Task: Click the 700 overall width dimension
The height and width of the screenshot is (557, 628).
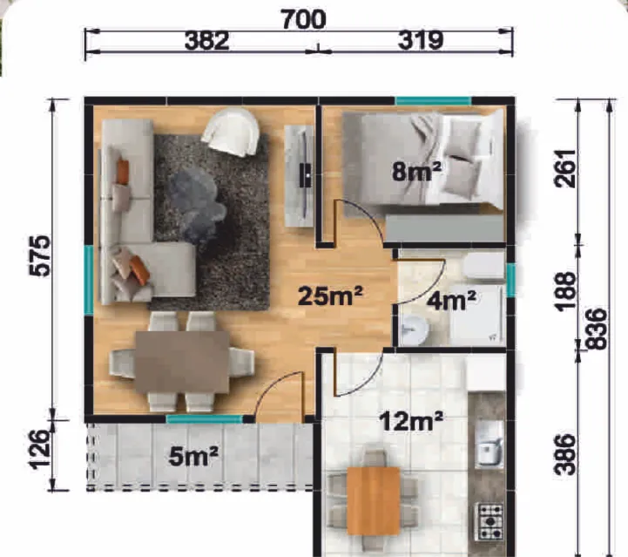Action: (x=304, y=20)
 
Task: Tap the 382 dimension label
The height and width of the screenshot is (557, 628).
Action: (x=206, y=41)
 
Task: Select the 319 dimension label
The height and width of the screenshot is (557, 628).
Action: (x=421, y=40)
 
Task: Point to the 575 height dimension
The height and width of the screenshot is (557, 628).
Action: (x=40, y=256)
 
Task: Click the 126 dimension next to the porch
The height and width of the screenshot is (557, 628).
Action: (x=40, y=450)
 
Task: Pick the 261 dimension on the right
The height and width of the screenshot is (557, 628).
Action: (x=565, y=168)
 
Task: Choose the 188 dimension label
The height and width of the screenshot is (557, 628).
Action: (x=565, y=291)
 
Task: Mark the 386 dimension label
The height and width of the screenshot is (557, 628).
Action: (x=565, y=454)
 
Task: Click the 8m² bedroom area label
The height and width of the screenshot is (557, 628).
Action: (x=416, y=171)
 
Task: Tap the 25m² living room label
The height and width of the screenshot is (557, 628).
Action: (x=331, y=295)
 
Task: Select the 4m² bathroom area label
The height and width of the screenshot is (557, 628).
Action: (x=451, y=301)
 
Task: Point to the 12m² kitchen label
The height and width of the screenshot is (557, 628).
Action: (x=411, y=421)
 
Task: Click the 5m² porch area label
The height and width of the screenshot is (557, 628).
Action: (x=193, y=457)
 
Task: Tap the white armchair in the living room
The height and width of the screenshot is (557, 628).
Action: (x=231, y=132)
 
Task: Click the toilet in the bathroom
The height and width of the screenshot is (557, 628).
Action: (x=483, y=265)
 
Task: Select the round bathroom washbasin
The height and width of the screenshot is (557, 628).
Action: (x=414, y=329)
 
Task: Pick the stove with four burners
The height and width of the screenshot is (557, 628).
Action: (x=489, y=522)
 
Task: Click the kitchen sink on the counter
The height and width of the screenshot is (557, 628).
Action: (x=489, y=444)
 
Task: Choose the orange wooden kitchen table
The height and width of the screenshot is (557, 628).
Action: (x=374, y=501)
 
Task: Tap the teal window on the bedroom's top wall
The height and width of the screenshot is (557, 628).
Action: (x=434, y=101)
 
